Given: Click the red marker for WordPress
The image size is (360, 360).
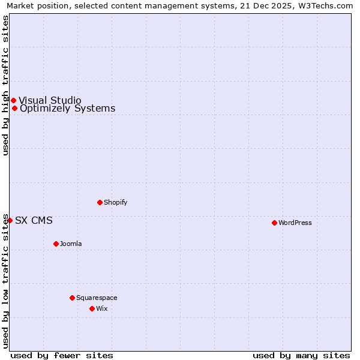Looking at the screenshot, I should pos(274,223).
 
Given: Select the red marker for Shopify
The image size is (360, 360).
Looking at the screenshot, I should pos(100,202).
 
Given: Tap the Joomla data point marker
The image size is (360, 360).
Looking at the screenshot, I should pos(56,244).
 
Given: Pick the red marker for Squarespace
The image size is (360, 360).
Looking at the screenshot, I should pos(72,298).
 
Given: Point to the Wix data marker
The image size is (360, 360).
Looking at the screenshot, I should pos(92,308).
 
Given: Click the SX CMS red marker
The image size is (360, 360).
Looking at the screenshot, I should pos(10,220).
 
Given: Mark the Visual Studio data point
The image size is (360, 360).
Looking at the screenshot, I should pos(13,100).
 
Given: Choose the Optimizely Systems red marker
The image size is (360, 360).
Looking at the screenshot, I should pos(14,109).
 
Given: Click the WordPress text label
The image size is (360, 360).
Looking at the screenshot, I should pos(295,223).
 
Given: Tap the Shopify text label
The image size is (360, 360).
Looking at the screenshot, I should pos(115,202).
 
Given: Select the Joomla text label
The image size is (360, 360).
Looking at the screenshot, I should pos(71,244).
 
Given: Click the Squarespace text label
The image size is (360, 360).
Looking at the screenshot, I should pos(97,298).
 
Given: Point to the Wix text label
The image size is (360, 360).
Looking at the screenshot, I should pos(102,308).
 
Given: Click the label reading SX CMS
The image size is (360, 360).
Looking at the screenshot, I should pos(34,220).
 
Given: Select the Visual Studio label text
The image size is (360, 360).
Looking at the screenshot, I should pos(50,100).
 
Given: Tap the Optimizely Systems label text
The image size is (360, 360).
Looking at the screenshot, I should pos(67,109).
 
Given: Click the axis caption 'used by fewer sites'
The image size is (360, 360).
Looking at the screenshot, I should pos(62,355).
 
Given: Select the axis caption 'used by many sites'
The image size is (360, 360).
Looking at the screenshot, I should pos(301,355).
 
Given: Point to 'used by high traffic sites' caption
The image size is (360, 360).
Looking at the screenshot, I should pos(5,85).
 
